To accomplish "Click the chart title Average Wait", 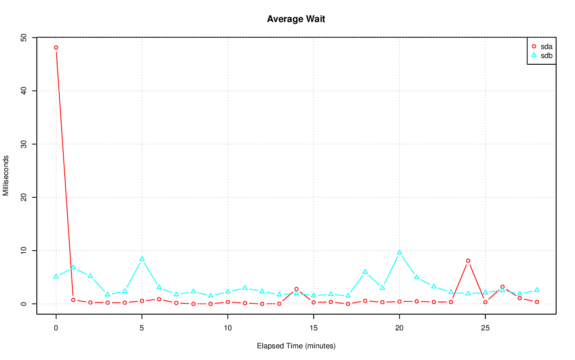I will [x=296, y=19].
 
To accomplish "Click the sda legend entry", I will [x=546, y=46].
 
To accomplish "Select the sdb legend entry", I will [x=546, y=55].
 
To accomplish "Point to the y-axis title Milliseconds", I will [x=6, y=176].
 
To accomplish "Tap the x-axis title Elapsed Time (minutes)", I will [x=296, y=346].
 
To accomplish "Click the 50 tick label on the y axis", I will [x=24, y=38].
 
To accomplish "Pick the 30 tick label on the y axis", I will [x=24, y=144].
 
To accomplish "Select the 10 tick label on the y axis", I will [x=24, y=250].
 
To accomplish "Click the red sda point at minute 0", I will [x=56, y=48].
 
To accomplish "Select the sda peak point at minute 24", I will [x=468, y=261].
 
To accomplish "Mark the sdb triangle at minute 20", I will [x=399, y=253].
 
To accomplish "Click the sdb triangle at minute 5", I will [x=142, y=259].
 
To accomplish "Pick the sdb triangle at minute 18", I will [x=365, y=272].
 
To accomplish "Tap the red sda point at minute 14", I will [x=296, y=289].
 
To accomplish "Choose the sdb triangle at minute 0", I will [x=56, y=276].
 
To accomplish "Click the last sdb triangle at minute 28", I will [x=537, y=290].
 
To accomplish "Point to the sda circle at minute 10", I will [x=228, y=302].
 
